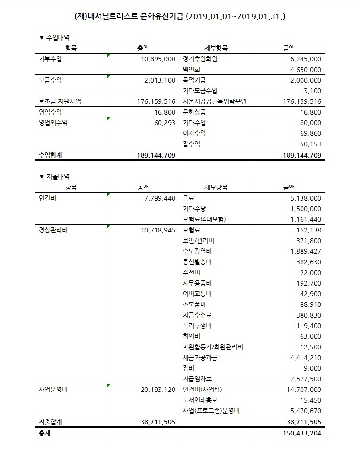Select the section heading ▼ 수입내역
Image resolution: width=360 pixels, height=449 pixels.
[x=57, y=37]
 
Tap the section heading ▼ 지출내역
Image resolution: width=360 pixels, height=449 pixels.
[x=57, y=177]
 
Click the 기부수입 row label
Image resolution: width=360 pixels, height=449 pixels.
[x=50, y=59]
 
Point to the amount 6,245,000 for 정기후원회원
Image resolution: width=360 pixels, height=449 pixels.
[x=303, y=59]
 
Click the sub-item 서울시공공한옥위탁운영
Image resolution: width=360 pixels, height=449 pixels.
[x=215, y=101]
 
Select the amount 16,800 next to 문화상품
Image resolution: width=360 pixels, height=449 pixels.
[x=310, y=112]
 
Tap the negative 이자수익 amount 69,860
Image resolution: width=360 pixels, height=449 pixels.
[x=308, y=133]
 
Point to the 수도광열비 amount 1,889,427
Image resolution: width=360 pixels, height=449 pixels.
[x=303, y=251]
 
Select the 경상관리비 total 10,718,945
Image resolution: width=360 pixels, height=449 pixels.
[x=156, y=230]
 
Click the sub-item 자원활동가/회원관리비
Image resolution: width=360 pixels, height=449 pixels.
[x=213, y=347]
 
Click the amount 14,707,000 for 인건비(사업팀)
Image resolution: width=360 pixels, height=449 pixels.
[x=301, y=390]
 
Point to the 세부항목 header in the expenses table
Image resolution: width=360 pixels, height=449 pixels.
[x=216, y=187]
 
